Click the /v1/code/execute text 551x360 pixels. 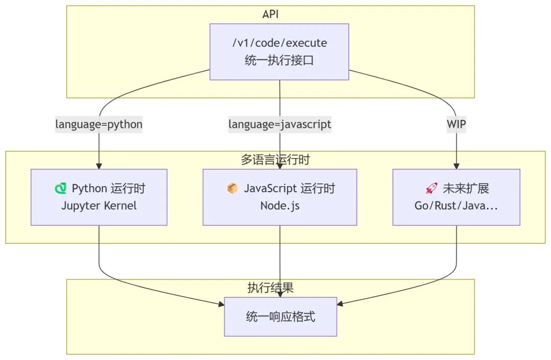279,43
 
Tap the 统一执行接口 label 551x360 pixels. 279,61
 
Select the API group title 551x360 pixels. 270,14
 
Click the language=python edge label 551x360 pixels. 99,124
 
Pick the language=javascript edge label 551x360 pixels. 280,124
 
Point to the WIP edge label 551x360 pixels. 456,124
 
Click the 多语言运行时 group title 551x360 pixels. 275,160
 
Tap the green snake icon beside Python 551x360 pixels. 61,189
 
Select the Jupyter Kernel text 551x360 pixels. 99,206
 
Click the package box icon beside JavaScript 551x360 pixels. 232,189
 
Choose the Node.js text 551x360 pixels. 280,206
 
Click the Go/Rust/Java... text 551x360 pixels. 456,206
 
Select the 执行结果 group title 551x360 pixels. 270,288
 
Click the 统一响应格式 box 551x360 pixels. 281,317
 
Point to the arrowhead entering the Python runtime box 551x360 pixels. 99,166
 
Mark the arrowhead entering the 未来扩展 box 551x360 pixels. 456,166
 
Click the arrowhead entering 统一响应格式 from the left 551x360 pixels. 221,304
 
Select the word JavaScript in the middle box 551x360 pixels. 269,189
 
